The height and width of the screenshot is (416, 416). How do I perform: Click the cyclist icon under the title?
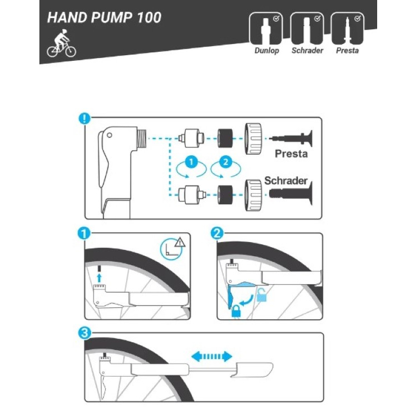click(x=61, y=46)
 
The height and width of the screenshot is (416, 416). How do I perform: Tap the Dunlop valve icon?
click(x=266, y=29)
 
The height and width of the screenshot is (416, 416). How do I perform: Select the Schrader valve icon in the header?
click(x=307, y=29)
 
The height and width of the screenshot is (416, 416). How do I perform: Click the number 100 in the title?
click(x=149, y=17)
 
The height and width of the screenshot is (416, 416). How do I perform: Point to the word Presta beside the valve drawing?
click(x=292, y=154)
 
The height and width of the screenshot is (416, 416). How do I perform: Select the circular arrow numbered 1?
click(x=190, y=164)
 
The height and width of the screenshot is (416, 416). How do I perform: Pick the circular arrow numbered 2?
click(x=225, y=164)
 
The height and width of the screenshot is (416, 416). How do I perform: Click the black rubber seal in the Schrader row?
click(x=226, y=194)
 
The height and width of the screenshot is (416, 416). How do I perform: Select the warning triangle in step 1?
click(x=180, y=244)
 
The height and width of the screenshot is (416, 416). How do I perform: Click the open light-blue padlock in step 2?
click(x=262, y=297)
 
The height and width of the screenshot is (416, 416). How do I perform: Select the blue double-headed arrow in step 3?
click(x=211, y=356)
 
